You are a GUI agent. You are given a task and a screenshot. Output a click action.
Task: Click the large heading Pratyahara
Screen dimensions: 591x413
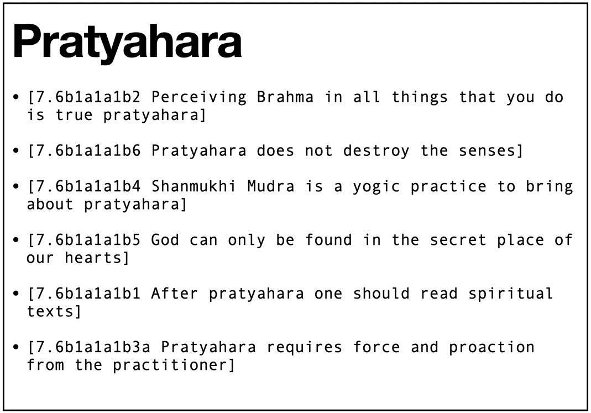pyautogui.click(x=127, y=42)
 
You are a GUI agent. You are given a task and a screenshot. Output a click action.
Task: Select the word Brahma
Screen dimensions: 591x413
pyautogui.click(x=285, y=97)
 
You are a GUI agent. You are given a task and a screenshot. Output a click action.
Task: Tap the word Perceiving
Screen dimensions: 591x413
pyautogui.click(x=199, y=98)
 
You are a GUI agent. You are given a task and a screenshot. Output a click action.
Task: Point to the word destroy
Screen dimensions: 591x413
pyautogui.click(x=376, y=151)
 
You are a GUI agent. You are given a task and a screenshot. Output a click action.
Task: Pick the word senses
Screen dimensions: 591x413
pyautogui.click(x=487, y=151)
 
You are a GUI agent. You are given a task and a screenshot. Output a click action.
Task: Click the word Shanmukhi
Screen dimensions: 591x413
pyautogui.click(x=193, y=186)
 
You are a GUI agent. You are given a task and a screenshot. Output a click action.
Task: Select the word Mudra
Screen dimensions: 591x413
pyautogui.click(x=271, y=186)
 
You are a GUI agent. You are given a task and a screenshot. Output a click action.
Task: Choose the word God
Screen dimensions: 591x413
pyautogui.click(x=165, y=240)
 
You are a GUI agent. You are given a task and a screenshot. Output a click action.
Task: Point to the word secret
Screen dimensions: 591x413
pyautogui.click(x=458, y=241)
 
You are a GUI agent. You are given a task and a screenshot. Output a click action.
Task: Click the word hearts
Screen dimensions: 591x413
pyautogui.click(x=93, y=258)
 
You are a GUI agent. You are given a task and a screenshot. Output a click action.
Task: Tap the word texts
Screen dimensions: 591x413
pyautogui.click(x=50, y=312)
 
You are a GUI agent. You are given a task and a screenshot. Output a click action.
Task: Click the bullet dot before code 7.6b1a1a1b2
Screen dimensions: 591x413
pyautogui.click(x=15, y=98)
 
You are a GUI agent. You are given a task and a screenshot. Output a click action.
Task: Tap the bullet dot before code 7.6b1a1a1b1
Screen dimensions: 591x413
pyautogui.click(x=15, y=294)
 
